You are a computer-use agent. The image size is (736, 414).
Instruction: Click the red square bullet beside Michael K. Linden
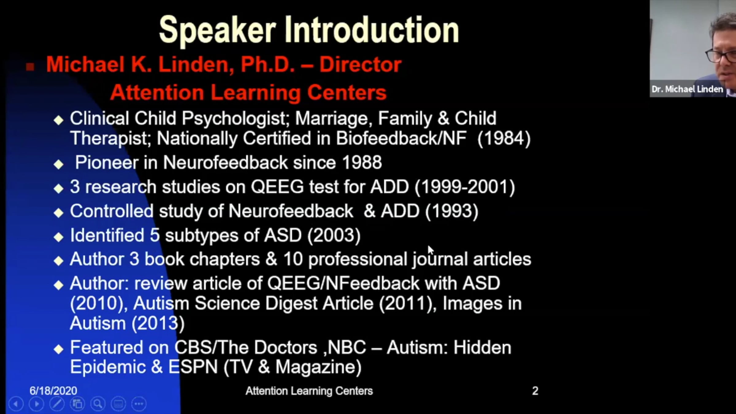coord(30,67)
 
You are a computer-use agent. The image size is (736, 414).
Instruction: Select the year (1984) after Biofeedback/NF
coord(504,138)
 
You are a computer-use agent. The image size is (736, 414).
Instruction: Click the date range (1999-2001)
coord(465,187)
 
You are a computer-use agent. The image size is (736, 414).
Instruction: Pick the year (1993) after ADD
coord(452,211)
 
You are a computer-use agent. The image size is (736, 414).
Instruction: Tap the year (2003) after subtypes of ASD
coord(334,236)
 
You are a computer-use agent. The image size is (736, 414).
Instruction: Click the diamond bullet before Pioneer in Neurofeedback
coord(58,164)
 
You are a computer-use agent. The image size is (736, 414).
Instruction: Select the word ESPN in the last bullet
coord(193,367)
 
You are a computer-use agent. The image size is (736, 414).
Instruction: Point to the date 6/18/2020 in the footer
coord(53,391)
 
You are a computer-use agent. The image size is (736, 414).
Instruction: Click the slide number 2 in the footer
coord(535,391)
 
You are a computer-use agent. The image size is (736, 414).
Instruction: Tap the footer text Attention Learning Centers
coord(309,391)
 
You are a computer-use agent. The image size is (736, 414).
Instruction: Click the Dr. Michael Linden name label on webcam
coord(687,89)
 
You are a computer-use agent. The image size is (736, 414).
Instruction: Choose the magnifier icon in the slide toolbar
coord(98,404)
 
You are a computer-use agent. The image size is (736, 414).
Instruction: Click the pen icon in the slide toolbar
coord(57,404)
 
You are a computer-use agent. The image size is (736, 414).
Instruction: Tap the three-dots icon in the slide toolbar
coord(139,404)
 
